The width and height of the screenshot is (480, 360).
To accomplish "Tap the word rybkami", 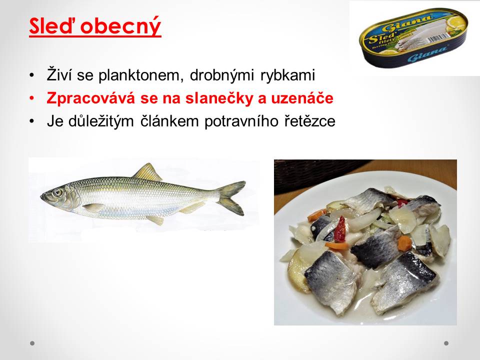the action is tap(288, 75).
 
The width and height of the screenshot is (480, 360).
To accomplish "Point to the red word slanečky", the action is tap(219, 98).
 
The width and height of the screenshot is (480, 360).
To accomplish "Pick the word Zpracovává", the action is tap(90, 98).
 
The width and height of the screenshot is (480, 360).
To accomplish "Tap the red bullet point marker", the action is tap(32, 98).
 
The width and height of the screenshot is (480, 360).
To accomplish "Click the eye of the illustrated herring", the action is tap(57, 192).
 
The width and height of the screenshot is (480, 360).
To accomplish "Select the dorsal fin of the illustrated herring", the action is tap(147, 172).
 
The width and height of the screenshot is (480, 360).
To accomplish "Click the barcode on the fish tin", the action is tap(438, 39).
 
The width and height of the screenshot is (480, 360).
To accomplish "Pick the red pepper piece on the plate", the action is tap(340, 229).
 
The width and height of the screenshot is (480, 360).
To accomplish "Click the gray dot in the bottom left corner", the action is tap(32, 343).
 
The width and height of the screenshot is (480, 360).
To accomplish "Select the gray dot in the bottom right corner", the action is tap(446, 343).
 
